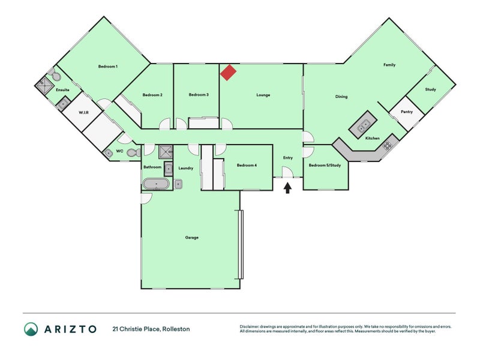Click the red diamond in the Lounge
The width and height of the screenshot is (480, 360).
point(228,73)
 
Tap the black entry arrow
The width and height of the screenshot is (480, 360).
point(287,188)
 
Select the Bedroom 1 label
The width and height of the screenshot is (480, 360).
point(108,67)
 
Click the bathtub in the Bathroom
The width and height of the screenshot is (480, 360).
point(156,184)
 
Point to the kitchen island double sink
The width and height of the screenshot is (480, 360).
point(364,125)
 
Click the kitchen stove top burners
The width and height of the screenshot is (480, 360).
point(387,146)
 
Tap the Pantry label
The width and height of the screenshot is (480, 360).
point(407,112)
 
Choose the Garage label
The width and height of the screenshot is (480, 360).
point(191,237)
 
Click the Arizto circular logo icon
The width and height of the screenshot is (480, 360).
point(31,329)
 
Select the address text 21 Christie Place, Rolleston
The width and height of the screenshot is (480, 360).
point(151,329)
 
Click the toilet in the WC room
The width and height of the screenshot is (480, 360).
point(134,152)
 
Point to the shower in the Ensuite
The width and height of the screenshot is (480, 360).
point(44,85)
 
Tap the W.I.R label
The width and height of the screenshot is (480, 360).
point(83,112)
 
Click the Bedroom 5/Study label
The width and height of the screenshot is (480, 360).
point(325,166)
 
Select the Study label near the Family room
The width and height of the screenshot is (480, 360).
point(430,89)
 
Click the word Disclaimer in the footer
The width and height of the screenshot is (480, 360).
point(249,326)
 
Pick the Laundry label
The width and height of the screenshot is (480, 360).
point(186,168)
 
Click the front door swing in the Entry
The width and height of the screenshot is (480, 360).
point(288,172)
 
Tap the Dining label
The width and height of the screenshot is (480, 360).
point(341,97)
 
